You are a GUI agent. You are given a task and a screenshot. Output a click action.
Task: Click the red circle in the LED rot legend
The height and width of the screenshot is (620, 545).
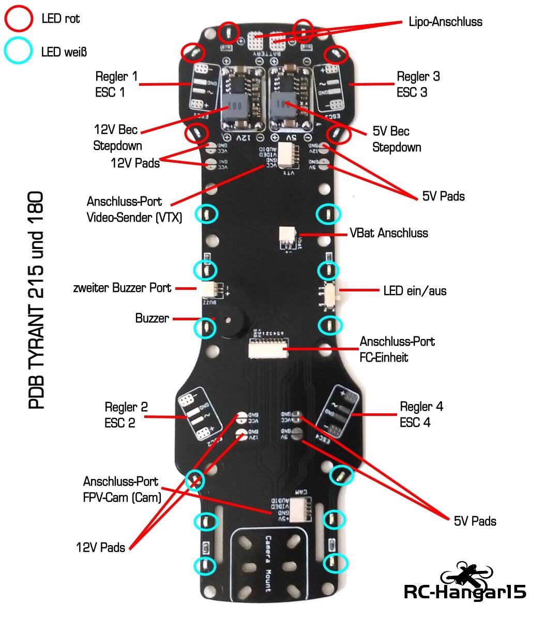19,19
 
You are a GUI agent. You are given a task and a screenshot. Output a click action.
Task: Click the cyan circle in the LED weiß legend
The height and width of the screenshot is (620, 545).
19,51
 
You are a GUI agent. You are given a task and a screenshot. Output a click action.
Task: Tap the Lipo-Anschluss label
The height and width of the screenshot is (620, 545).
445,22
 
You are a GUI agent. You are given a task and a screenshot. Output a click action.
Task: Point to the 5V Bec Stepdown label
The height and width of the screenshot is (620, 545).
397,139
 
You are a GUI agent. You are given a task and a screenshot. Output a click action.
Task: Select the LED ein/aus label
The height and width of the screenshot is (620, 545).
415,291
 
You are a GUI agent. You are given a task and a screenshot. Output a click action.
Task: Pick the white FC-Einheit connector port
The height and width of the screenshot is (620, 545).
267,350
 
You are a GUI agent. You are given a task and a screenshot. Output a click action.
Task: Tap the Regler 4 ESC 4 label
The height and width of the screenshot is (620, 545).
421,414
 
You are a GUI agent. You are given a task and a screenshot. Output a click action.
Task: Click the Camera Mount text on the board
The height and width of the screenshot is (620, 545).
268,563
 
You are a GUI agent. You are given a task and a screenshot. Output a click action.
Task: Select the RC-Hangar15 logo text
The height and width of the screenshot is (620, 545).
464,592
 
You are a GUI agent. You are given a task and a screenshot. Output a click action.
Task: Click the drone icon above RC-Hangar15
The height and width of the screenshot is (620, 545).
466,572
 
